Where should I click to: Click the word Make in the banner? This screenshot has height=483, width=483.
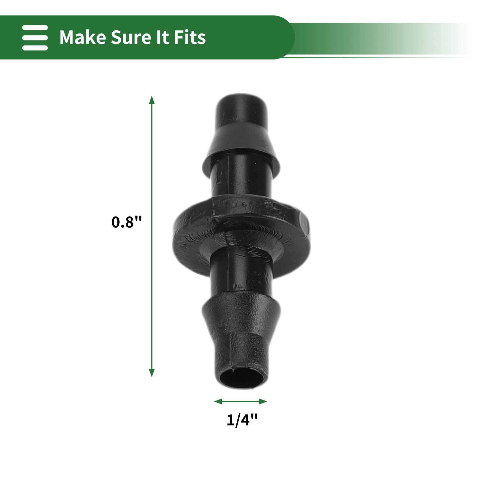83,37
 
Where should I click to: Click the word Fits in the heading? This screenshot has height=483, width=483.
190,37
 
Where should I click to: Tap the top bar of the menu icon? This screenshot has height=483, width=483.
35,27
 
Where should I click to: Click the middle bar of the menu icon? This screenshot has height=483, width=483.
35,37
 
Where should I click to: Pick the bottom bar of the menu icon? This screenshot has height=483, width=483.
35,47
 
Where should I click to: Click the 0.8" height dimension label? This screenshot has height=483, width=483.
127,222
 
